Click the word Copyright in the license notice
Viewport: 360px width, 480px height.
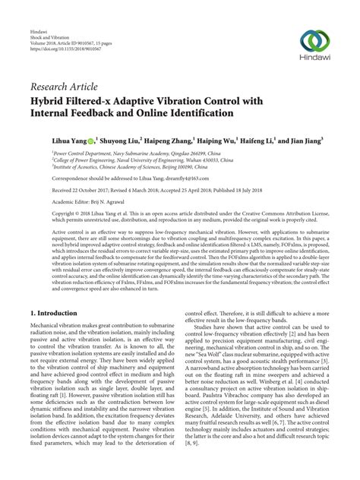pyautogui.click(x=45, y=215)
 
